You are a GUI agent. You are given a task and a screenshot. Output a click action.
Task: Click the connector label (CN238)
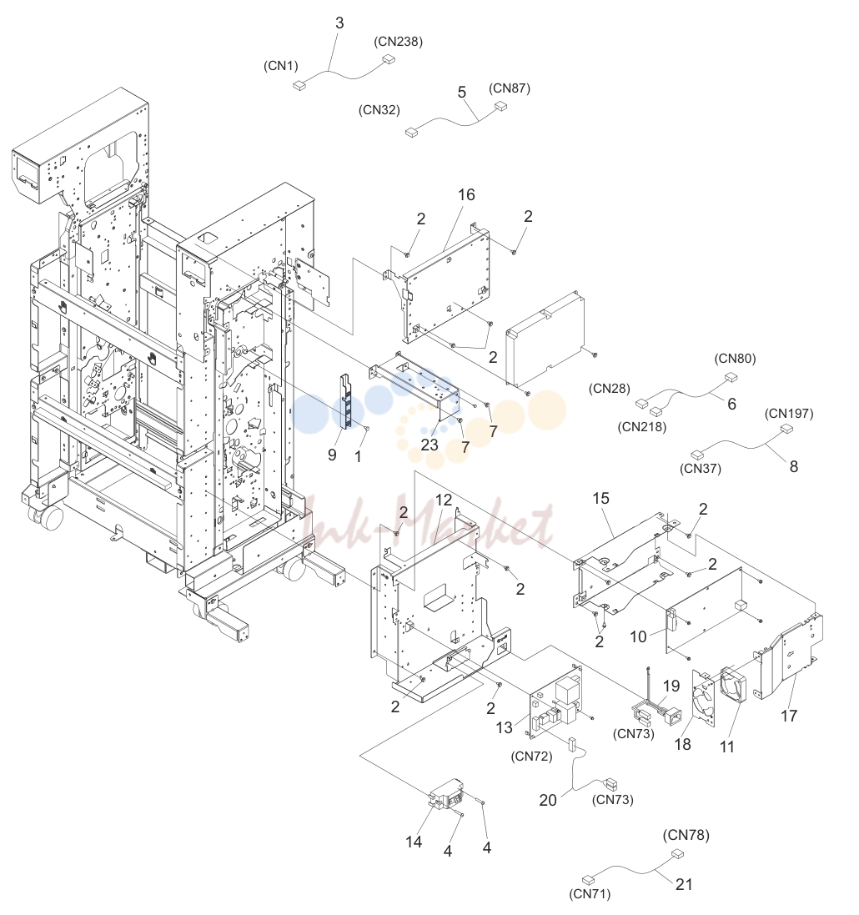click(x=398, y=42)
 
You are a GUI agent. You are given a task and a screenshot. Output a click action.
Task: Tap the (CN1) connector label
click(x=281, y=65)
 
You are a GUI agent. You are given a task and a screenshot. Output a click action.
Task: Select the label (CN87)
click(x=510, y=88)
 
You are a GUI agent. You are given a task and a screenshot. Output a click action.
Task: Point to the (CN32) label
click(x=379, y=110)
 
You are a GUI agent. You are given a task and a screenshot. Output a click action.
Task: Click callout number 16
click(x=466, y=195)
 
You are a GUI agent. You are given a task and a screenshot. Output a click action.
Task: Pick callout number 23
click(x=429, y=445)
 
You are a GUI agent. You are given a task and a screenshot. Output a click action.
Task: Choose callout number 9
click(x=332, y=455)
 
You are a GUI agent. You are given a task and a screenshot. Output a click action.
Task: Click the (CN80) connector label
click(x=736, y=359)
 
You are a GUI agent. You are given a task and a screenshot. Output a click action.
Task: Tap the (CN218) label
click(x=642, y=426)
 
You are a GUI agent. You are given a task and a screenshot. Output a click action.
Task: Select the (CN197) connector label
click(x=789, y=413)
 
